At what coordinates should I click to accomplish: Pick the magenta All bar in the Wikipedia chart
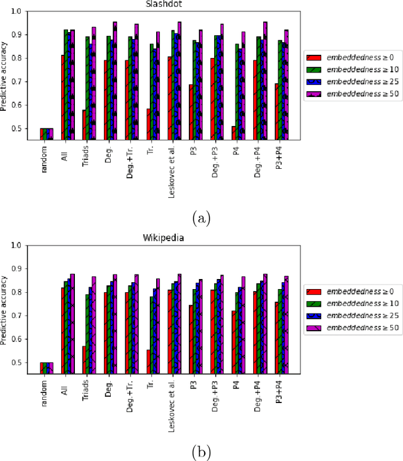tap(72, 324)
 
